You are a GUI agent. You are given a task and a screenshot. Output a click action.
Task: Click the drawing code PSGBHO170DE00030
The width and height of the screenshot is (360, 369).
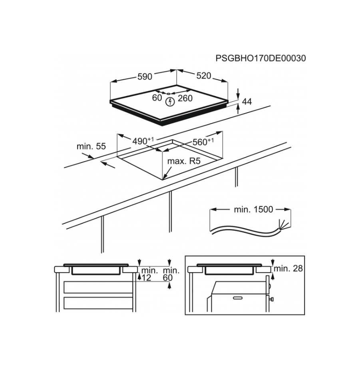click(x=261, y=58)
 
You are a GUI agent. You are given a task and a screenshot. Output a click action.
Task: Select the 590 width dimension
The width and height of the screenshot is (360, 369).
click(x=145, y=76)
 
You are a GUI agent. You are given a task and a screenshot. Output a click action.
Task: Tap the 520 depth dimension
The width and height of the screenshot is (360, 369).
click(x=204, y=76)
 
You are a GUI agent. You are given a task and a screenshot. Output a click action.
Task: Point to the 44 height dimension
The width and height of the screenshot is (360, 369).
click(x=247, y=102)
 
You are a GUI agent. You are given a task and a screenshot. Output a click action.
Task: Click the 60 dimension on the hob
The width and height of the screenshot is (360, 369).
click(x=157, y=98)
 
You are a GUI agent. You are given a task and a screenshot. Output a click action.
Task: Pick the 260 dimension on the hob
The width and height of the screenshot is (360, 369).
click(x=185, y=98)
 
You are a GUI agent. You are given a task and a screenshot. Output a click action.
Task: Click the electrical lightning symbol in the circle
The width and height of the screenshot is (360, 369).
click(x=170, y=102)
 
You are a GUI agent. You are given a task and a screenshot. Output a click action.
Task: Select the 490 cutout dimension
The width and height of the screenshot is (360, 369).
click(x=143, y=141)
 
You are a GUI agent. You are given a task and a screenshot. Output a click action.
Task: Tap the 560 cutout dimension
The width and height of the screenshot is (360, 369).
click(x=203, y=142)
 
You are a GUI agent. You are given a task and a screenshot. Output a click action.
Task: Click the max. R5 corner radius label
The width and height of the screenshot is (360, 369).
click(x=184, y=161)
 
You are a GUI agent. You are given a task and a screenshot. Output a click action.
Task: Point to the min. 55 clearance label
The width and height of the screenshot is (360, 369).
click(x=91, y=146)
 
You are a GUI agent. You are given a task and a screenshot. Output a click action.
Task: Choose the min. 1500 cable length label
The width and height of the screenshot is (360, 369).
click(x=253, y=209)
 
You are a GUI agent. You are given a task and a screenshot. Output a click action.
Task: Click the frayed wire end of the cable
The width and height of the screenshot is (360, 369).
click(x=282, y=224)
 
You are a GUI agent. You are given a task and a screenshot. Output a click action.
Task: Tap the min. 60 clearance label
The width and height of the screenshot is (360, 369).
click(x=171, y=274)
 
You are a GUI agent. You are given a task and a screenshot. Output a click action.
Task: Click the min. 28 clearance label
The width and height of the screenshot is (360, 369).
click(x=288, y=268)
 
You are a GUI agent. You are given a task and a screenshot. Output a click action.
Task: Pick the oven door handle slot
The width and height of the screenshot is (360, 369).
click(x=239, y=298)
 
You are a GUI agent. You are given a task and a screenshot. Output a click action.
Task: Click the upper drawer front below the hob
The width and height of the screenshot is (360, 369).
click(x=98, y=287)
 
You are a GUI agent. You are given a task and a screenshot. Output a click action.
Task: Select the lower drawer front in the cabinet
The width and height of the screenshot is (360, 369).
click(x=98, y=303)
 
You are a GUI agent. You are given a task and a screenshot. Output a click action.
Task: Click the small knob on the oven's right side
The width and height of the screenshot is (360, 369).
click(x=271, y=299)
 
